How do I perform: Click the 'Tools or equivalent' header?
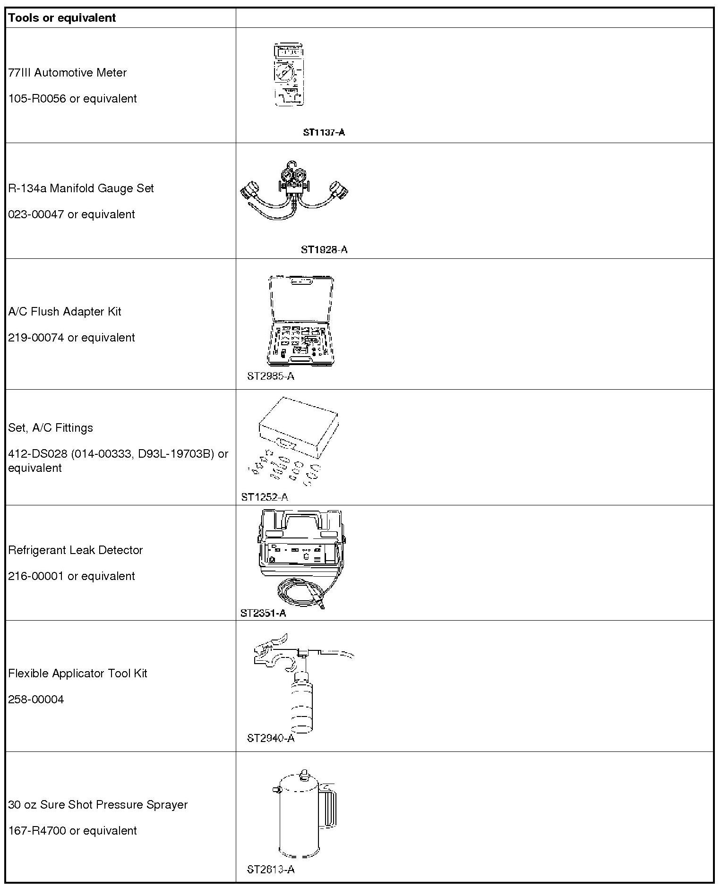[62, 18]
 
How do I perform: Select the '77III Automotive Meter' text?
[68, 73]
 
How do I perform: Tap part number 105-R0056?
[37, 99]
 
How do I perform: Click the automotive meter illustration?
[289, 75]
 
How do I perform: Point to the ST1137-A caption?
[324, 132]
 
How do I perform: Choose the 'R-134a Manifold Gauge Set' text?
[81, 188]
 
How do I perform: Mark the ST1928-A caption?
[324, 249]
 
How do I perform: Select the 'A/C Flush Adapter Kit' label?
[65, 312]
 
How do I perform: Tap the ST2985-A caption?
[270, 376]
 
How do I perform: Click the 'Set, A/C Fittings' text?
[51, 428]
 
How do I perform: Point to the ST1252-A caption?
[264, 497]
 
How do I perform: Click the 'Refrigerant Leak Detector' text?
[75, 550]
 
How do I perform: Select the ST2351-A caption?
[263, 613]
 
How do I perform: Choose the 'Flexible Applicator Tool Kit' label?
[77, 674]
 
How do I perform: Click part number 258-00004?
[36, 699]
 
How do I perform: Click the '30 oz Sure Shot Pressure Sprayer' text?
[98, 805]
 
